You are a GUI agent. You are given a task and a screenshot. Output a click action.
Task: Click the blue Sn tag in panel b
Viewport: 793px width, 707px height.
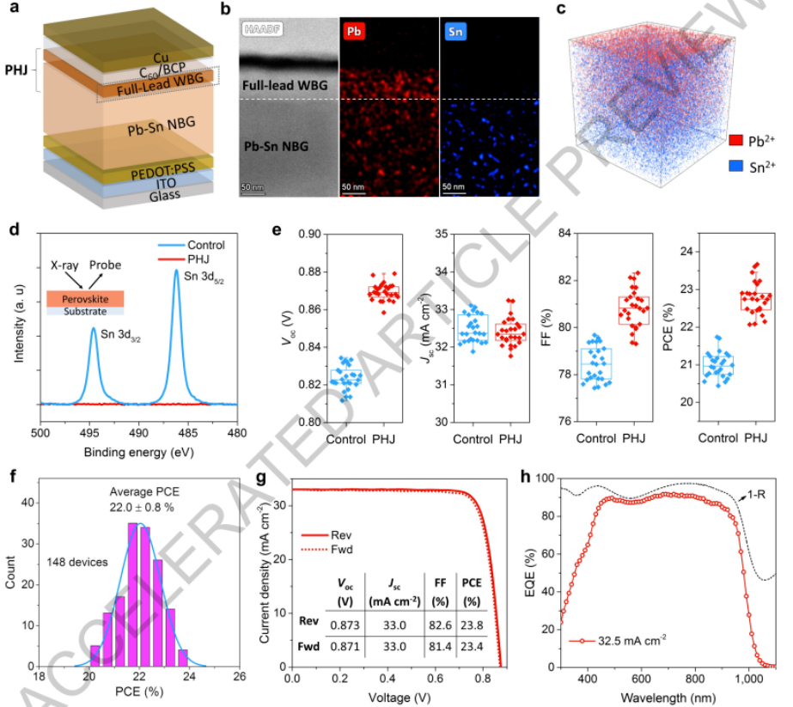(458, 31)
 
